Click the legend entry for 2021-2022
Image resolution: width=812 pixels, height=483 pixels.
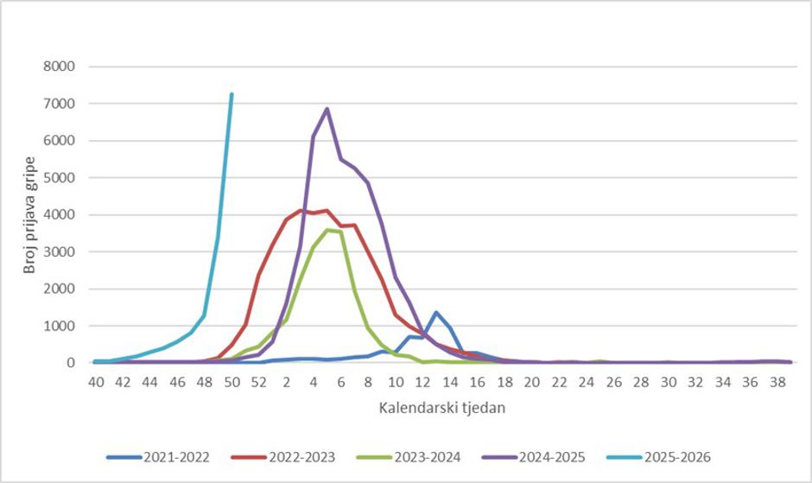pos(169,456)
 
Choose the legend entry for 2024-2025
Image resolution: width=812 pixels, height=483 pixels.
pos(539,456)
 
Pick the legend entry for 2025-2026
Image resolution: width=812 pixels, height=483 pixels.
pos(662,456)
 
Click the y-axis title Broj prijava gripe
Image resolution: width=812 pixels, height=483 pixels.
pos(29,214)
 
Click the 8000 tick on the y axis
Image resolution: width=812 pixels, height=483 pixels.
pos(60,67)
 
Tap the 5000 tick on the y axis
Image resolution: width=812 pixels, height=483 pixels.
pos(60,178)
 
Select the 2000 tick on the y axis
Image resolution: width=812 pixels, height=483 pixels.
pos(60,289)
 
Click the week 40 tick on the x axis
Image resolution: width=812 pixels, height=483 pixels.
pos(95,381)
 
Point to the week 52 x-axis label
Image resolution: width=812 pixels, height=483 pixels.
pos(259,381)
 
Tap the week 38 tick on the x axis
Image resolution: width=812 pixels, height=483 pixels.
pos(777,381)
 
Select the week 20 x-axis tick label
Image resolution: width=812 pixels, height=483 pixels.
pos(532,381)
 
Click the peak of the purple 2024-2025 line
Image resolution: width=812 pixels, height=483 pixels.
pos(327,109)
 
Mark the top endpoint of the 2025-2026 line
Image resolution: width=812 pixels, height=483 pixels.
pos(232,94)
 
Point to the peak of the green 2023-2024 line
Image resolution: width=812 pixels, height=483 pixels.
pos(327,230)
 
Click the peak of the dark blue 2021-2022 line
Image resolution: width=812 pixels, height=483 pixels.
pos(436,312)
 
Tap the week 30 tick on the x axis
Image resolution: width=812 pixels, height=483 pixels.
pos(669,381)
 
